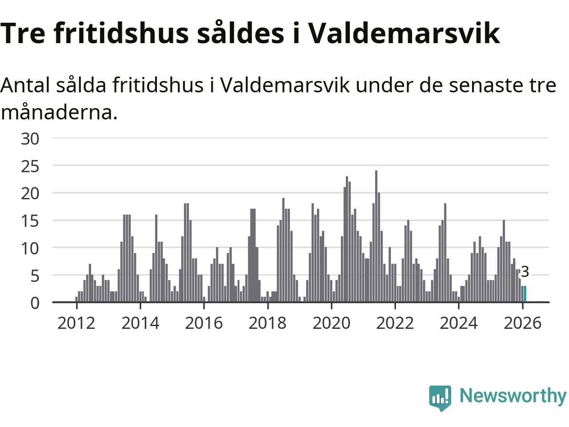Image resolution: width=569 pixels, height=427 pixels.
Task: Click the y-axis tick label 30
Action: [x=30, y=139]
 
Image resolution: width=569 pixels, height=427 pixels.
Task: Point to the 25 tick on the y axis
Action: [x=30, y=166]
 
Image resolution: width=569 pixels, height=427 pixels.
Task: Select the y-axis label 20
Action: [x=30, y=193]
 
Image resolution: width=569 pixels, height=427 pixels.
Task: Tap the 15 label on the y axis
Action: [x=30, y=221]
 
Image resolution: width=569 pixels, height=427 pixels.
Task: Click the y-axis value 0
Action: [x=35, y=303]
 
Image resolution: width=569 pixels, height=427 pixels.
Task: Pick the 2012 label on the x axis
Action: [x=76, y=323]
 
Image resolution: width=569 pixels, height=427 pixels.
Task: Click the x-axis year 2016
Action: [x=204, y=323]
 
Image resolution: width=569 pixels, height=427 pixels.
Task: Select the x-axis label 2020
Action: [x=331, y=323]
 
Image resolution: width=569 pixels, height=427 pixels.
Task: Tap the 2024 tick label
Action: [x=458, y=323]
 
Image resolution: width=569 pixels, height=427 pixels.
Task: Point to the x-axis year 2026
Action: [x=522, y=323]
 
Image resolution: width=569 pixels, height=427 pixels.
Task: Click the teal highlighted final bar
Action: [x=525, y=294]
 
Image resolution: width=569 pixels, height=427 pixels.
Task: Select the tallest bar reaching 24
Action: [x=376, y=236]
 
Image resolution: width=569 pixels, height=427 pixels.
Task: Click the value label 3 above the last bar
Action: [x=525, y=272]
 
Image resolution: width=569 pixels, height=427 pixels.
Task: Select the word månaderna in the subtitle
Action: [x=59, y=112]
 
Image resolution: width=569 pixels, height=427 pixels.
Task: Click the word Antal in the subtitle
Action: [x=25, y=85]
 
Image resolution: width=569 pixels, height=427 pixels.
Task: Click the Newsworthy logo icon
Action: [x=440, y=397]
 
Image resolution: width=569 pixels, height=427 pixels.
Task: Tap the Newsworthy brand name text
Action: [x=513, y=395]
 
